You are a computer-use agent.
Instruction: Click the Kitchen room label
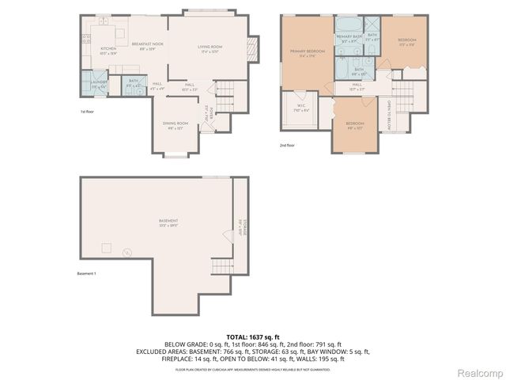[x=108, y=49]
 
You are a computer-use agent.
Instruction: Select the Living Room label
[x=210, y=47]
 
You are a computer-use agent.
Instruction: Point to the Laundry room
[x=99, y=83]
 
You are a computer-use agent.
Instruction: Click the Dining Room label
[x=176, y=125]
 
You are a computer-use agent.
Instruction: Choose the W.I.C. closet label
[x=301, y=107]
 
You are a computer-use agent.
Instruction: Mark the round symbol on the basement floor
[x=126, y=253]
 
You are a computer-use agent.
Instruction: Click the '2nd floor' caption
[x=288, y=146]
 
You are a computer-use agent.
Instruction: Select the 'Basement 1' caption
[x=86, y=273]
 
